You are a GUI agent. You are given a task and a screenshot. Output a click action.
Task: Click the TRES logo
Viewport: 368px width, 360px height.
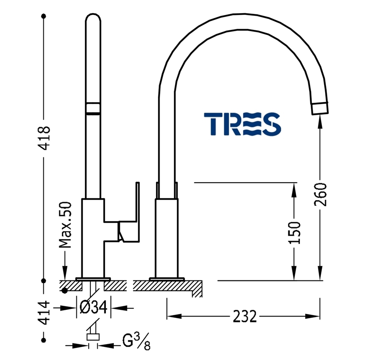(242, 124)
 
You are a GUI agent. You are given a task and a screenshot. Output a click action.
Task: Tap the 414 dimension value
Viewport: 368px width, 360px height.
(44, 312)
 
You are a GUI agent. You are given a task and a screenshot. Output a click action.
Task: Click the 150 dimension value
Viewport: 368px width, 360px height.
(294, 232)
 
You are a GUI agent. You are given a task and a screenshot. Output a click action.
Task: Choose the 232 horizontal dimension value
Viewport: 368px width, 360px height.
(245, 316)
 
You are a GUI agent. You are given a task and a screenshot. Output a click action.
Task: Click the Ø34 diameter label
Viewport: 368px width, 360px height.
(93, 308)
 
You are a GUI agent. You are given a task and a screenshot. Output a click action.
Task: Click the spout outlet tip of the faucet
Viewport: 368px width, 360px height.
(320, 109)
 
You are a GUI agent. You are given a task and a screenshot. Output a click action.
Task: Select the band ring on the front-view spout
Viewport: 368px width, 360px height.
(94, 109)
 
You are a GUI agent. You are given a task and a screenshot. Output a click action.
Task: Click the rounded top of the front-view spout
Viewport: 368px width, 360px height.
(94, 20)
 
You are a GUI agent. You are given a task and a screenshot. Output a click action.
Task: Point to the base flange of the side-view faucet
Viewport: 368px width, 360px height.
(167, 278)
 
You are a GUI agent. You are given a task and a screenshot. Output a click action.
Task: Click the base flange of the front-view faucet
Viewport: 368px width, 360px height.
(93, 278)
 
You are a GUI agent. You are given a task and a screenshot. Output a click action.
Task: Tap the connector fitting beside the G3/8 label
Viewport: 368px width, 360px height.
(93, 337)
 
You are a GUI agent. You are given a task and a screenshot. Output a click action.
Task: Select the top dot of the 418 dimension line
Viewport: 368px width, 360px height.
(44, 17)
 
